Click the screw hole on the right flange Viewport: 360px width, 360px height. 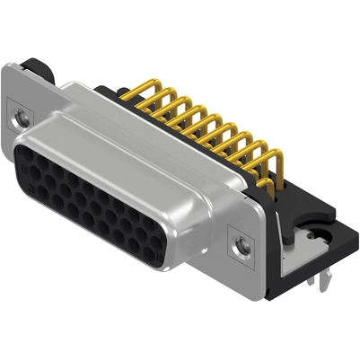(x=240, y=243)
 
